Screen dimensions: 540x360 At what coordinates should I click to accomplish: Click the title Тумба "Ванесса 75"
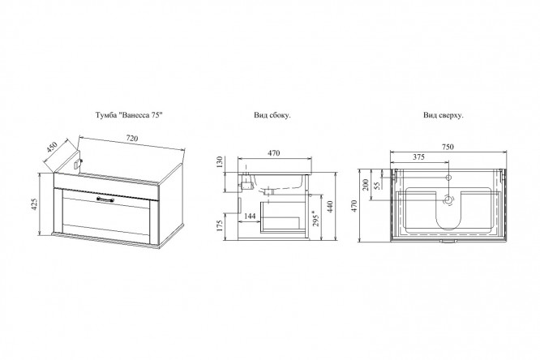click(x=129, y=115)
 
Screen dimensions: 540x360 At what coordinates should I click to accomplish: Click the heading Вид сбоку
click(x=272, y=115)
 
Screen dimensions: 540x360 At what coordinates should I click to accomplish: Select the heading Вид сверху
click(x=444, y=115)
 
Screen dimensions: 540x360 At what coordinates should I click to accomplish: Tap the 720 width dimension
click(x=132, y=139)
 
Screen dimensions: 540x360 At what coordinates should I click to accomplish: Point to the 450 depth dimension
click(x=52, y=147)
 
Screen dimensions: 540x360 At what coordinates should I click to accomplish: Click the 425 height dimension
click(x=34, y=204)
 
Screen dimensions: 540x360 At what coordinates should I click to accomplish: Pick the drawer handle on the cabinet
click(x=105, y=199)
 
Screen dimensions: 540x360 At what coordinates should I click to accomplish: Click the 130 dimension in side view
click(x=220, y=161)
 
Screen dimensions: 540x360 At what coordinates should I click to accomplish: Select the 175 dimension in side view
click(x=221, y=225)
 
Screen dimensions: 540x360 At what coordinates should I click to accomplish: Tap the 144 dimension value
click(x=250, y=216)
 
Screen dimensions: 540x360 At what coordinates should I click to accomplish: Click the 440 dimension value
click(x=330, y=207)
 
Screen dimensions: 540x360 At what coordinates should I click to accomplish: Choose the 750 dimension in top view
click(x=448, y=147)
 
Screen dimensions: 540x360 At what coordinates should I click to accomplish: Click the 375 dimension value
click(x=418, y=156)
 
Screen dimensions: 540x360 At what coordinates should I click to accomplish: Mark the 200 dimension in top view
click(x=366, y=185)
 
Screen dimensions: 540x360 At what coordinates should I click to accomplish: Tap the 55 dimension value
click(x=377, y=186)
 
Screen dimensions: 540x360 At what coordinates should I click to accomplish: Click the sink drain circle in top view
click(x=448, y=199)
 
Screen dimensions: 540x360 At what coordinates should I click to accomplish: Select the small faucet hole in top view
click(x=448, y=178)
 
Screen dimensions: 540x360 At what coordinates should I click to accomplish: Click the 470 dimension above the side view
click(x=273, y=153)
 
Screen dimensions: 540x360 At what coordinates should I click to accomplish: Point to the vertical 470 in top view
click(x=354, y=206)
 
